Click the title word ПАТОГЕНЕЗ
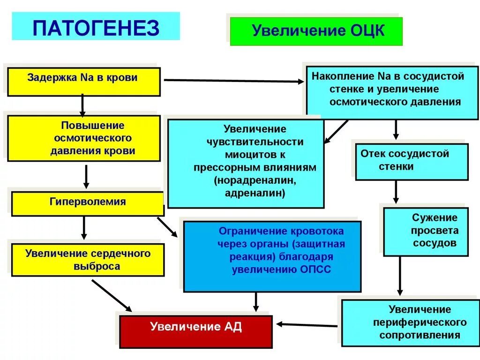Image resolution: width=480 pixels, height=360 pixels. tap(96, 28)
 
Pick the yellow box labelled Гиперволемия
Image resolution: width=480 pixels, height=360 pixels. tap(88, 202)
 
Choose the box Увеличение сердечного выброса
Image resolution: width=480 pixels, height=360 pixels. tap(88, 260)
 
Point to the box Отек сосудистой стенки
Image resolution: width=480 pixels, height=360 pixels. tap(411, 160)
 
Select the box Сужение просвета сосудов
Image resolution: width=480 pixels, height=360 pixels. tap(426, 231)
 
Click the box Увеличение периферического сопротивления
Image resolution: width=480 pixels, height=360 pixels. tap(404, 322)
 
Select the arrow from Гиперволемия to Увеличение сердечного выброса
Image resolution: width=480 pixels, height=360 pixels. tap(84, 228)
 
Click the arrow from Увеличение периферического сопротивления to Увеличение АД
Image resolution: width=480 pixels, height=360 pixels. tap(307, 324)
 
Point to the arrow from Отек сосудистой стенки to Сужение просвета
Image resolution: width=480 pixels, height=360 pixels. tap(396, 192)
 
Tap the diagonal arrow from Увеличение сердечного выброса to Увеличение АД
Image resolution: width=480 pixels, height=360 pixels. tap(112, 295)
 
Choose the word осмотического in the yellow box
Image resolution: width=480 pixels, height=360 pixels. tap(92, 138)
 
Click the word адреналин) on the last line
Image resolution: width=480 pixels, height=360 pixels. tap(255, 193)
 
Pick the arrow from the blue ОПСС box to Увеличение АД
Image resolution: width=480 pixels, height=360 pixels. tap(255, 302)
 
